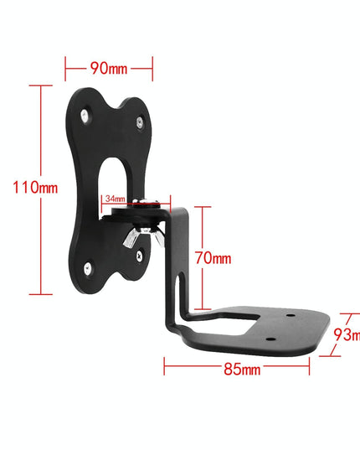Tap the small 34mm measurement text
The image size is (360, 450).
point(115,199)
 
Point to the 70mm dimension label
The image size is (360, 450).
point(213,259)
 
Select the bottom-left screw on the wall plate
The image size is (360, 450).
point(85,267)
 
